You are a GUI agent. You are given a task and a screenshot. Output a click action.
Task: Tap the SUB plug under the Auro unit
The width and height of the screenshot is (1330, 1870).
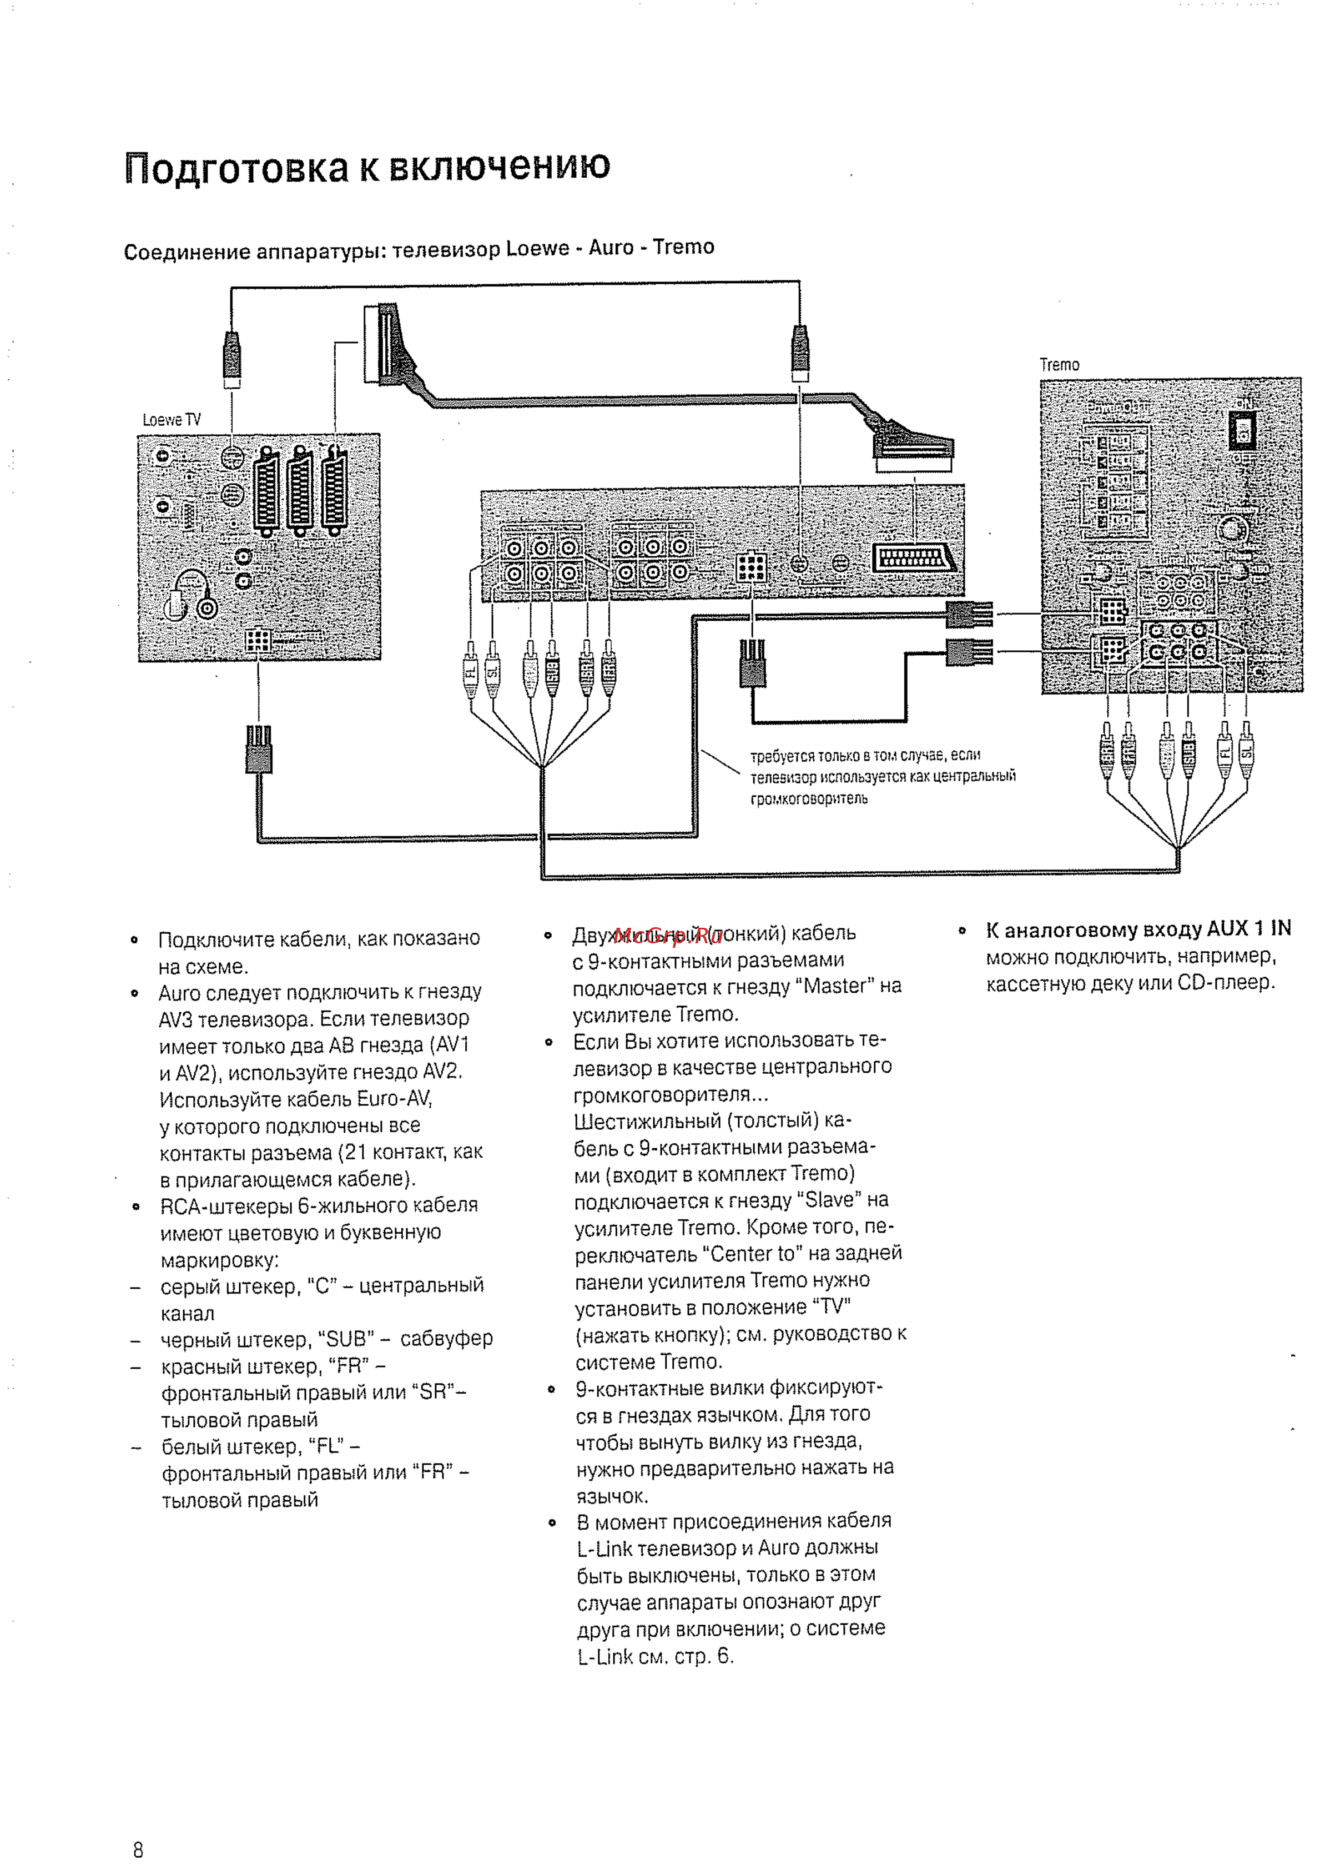pos(552,673)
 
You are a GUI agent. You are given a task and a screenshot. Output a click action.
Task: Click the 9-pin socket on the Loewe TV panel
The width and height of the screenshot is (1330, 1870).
pos(258,640)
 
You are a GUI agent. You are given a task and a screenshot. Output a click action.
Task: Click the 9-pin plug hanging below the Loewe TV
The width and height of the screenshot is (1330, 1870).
pos(259,750)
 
